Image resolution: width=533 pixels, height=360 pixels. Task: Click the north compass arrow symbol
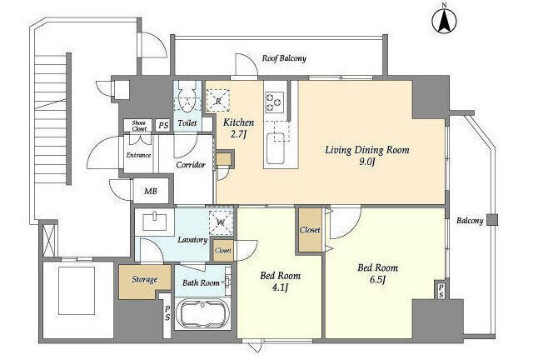click(444, 21)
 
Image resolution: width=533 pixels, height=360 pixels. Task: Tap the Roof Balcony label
click(284, 58)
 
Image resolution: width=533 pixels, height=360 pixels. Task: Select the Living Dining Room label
click(367, 150)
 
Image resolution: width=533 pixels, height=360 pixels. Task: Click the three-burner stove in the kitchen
click(275, 102)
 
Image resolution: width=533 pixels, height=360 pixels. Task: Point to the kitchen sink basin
click(276, 148)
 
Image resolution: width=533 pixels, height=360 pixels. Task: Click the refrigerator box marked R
click(218, 101)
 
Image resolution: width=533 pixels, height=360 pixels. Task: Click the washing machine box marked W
click(221, 222)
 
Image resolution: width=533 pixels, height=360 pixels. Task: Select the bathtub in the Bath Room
click(202, 313)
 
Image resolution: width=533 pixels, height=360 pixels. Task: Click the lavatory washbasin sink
click(155, 221)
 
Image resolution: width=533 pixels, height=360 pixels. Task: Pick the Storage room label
click(144, 280)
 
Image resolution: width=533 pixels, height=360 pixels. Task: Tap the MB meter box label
click(150, 191)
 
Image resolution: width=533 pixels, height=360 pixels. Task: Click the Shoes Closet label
click(139, 126)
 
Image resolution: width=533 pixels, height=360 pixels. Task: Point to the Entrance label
click(138, 155)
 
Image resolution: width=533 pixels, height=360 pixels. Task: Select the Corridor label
click(191, 165)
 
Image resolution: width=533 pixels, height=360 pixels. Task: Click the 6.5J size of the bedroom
click(377, 280)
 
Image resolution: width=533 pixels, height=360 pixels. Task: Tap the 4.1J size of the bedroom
click(280, 287)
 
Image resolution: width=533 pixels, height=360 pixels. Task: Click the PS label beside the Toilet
click(163, 125)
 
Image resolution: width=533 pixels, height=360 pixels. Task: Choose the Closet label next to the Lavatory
click(223, 251)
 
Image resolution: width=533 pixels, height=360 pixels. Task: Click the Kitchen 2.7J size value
click(238, 134)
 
